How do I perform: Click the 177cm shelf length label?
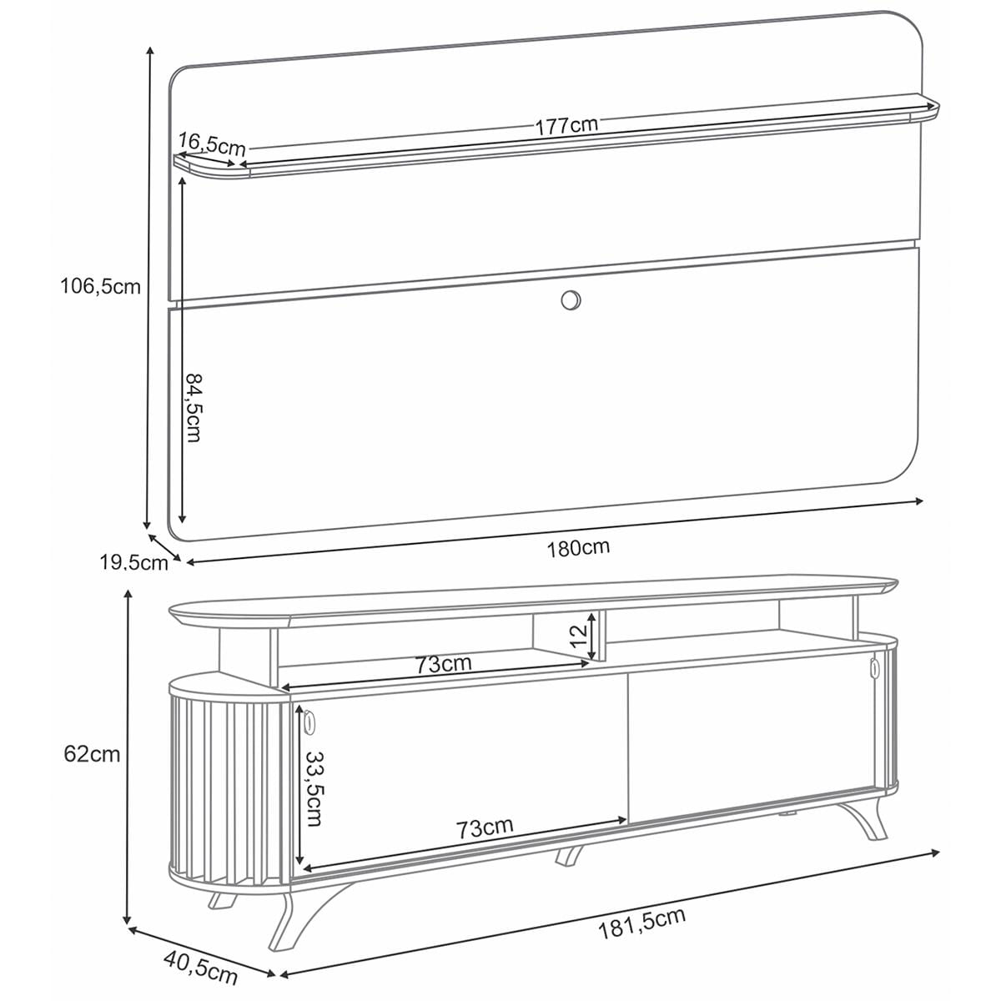click(x=566, y=125)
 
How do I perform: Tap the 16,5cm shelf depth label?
click(x=211, y=143)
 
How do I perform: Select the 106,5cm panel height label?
click(x=100, y=286)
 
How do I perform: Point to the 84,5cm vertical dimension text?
click(x=194, y=408)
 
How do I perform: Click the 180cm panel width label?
click(x=577, y=548)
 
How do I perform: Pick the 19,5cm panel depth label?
click(x=134, y=562)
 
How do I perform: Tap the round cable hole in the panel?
click(x=571, y=300)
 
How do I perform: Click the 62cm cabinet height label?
click(x=92, y=754)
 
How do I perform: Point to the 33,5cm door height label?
click(x=314, y=788)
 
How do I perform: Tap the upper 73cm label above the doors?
click(x=443, y=664)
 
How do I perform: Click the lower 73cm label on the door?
click(x=484, y=828)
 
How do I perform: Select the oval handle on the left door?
click(x=310, y=722)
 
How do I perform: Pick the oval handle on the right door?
click(x=874, y=667)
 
